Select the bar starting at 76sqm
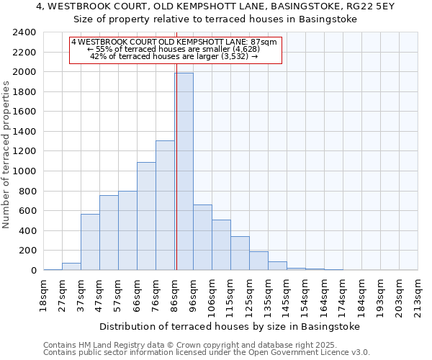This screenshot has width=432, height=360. tap(165, 205)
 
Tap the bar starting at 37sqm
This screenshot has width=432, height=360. tap(90, 242)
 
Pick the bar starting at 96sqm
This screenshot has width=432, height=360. tap(202, 238)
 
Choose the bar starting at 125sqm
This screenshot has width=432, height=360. tap(258, 261)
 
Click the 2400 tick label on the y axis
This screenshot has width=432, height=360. tap(24, 32)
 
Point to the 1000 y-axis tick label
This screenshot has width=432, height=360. tap(24, 171)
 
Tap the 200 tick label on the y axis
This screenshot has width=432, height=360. tap(27, 251)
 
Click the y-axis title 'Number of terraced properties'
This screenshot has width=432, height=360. tap(7, 154)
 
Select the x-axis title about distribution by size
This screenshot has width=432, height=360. tap(229, 326)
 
